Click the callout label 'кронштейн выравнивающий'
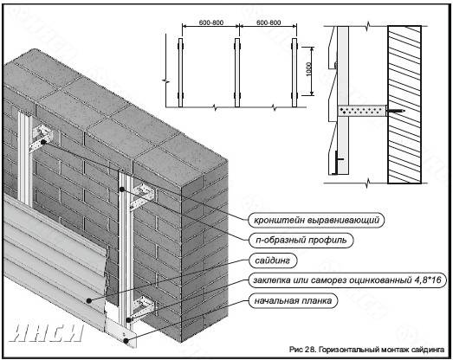[316, 221]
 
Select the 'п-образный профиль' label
[301, 241]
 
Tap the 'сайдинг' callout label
[273, 260]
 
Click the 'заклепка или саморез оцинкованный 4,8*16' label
[347, 280]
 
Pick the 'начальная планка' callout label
[293, 300]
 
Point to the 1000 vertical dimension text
[308, 69]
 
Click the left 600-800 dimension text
[211, 22]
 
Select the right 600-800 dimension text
[269, 22]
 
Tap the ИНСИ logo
[46, 332]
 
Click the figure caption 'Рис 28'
[302, 350]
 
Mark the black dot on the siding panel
[89, 300]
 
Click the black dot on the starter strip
[126, 341]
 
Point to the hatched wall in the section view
[404, 105]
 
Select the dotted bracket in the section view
[362, 111]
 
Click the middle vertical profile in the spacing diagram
[237, 73]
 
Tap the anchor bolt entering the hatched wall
[396, 111]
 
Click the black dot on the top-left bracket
[43, 142]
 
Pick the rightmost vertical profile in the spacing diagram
[294, 73]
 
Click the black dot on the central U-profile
[122, 190]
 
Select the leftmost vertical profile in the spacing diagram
[180, 73]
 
